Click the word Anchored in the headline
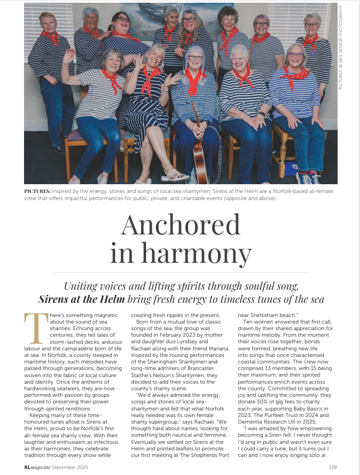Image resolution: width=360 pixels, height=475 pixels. click(181, 225)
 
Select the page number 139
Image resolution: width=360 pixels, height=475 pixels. click(332, 467)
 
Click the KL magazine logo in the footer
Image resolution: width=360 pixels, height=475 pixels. click(39, 467)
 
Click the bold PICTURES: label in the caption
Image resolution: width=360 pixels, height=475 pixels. click(38, 191)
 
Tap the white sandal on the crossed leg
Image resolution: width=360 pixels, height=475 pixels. click(174, 175)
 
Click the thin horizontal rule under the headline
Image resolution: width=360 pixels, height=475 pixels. click(180, 272)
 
